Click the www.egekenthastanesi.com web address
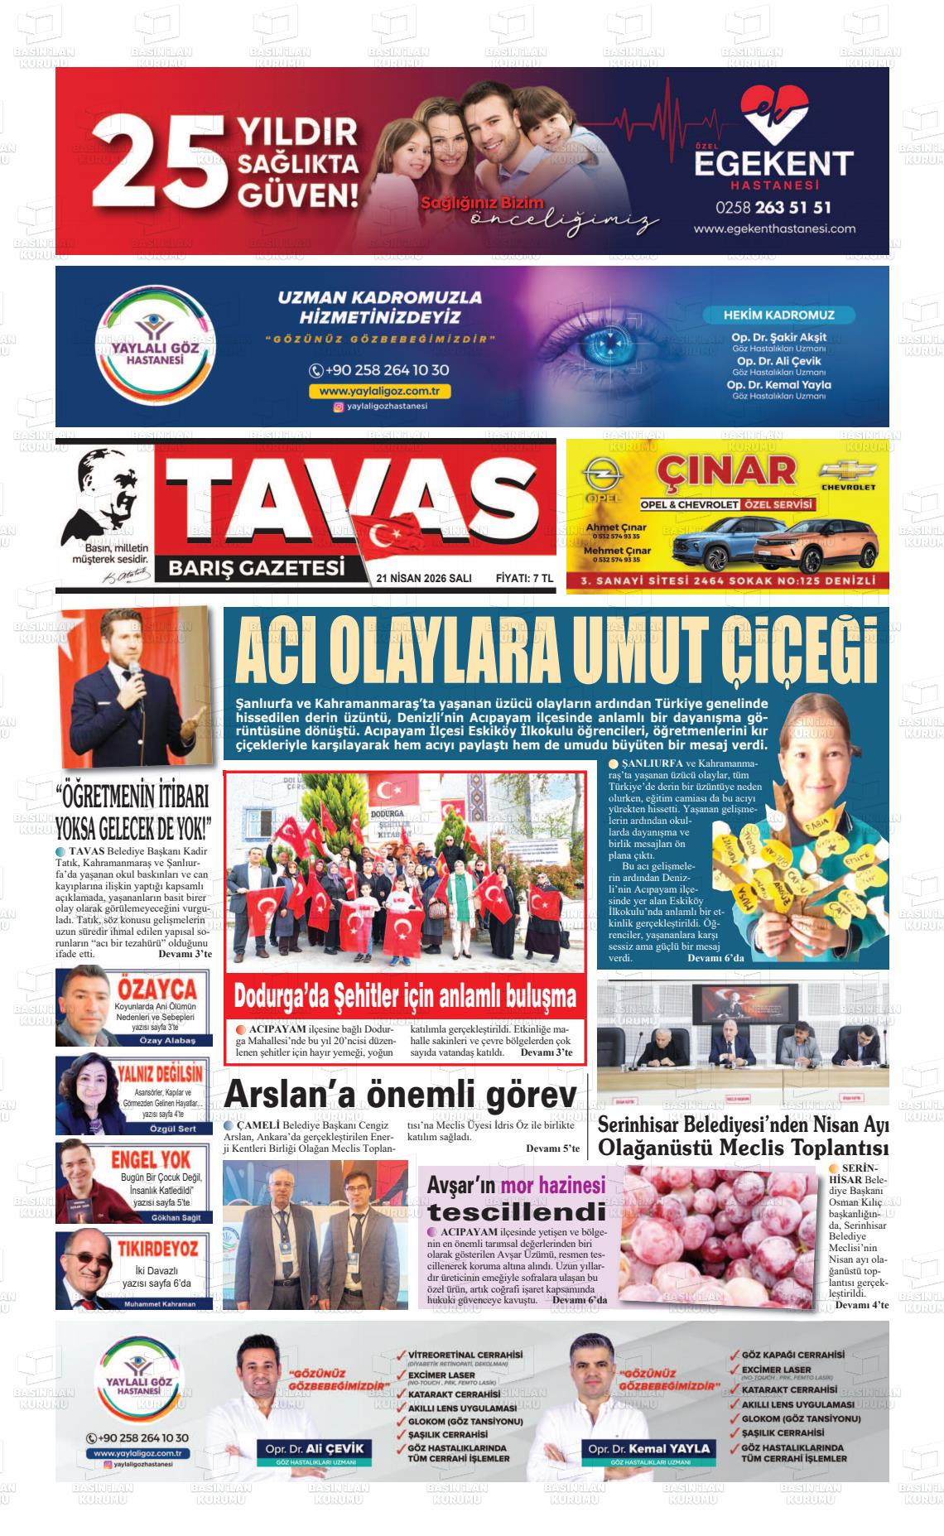(x=773, y=229)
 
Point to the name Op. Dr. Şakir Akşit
(x=778, y=337)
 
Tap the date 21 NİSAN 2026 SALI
(x=423, y=578)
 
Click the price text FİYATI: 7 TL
(x=523, y=578)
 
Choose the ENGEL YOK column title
(x=151, y=1159)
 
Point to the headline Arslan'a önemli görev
(x=400, y=1095)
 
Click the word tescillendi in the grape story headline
(x=517, y=1212)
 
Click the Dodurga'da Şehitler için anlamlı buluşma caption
(x=404, y=995)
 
